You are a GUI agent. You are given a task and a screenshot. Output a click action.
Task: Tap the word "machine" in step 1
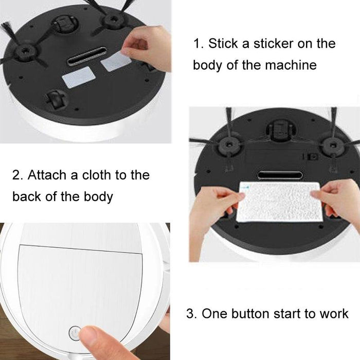291,65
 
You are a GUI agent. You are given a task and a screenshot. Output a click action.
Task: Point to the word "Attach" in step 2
47,175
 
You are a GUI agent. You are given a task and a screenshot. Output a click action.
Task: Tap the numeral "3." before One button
191,313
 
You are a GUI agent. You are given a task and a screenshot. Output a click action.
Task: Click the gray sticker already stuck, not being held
77,80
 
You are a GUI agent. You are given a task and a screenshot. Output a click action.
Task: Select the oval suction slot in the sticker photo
87,56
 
